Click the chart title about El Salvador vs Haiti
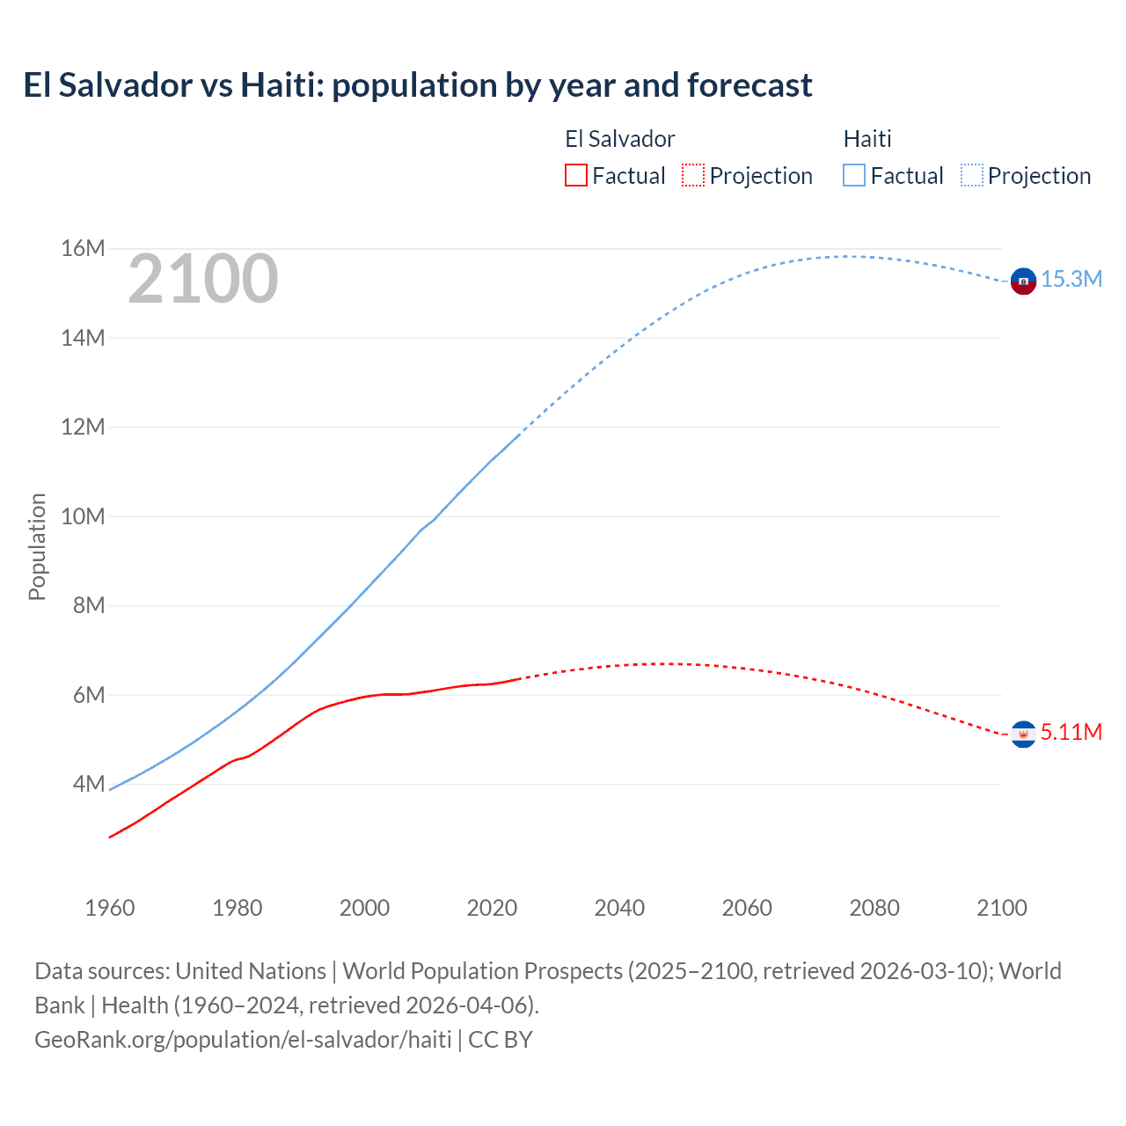coord(418,85)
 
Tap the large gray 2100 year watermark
coord(203,279)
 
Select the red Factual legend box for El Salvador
coord(576,175)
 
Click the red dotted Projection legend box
coord(693,175)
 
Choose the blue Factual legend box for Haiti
coord(854,175)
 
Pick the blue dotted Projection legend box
coord(972,175)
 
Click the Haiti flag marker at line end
coord(1023,281)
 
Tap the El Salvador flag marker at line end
coord(1023,734)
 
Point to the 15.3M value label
coord(1071,279)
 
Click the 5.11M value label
coord(1071,732)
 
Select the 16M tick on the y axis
coord(83,248)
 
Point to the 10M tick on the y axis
coord(83,516)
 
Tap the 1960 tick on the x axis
coord(110,908)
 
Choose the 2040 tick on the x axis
coord(619,908)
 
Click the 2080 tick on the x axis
coord(874,908)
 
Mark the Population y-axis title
coord(37,546)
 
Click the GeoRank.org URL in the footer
coord(243,1039)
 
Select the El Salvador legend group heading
coord(619,139)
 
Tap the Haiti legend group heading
coord(867,139)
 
